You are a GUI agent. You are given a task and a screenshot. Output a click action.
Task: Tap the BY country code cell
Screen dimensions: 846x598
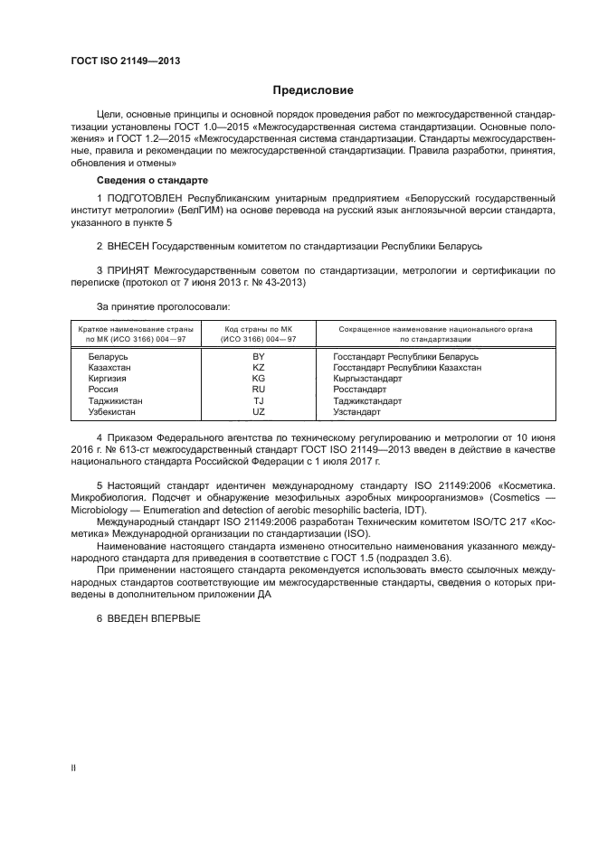(258, 357)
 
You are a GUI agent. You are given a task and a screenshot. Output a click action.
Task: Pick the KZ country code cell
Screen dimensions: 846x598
(258, 368)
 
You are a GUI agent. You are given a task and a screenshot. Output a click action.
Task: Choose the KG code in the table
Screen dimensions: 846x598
(258, 379)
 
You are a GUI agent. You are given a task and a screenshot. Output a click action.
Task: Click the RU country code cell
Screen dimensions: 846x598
(258, 390)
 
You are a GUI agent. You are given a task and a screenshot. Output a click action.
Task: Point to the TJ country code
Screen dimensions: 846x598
(258, 400)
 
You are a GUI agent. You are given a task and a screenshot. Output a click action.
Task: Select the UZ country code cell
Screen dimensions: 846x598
(258, 411)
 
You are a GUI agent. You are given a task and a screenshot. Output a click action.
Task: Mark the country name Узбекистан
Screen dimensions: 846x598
(113, 411)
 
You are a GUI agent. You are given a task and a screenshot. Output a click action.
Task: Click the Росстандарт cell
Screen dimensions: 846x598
(359, 390)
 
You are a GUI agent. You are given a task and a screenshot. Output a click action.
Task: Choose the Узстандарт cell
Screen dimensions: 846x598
(357, 411)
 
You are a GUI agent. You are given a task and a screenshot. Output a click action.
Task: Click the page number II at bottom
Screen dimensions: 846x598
(73, 768)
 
